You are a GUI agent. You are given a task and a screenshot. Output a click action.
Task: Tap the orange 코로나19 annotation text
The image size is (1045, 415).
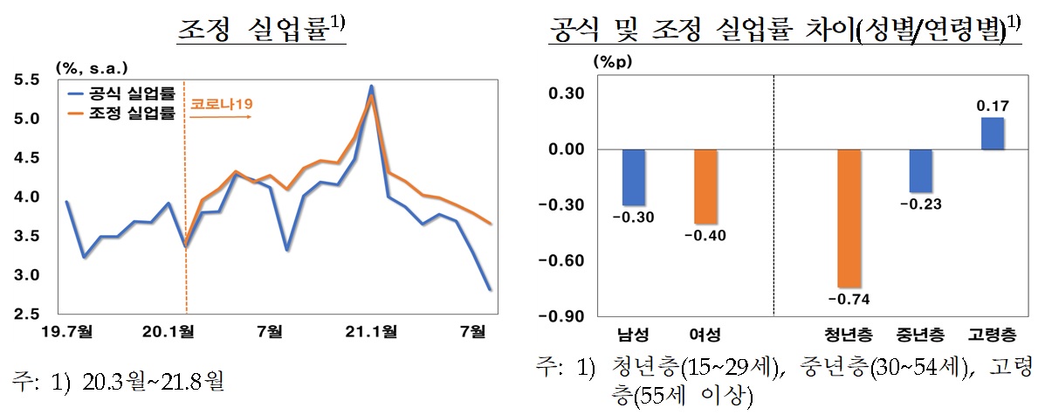click(222, 105)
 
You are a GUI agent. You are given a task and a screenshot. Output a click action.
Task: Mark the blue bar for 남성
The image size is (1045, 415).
click(634, 177)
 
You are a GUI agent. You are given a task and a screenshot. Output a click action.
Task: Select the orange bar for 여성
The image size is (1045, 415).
click(706, 187)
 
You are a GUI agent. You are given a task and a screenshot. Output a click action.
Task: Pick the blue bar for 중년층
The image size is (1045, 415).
click(920, 171)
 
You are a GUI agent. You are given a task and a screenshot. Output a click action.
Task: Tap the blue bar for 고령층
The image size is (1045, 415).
click(993, 134)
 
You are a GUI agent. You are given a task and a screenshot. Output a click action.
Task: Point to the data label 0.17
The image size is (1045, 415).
click(993, 107)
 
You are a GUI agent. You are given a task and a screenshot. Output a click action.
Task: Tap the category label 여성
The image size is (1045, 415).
click(706, 335)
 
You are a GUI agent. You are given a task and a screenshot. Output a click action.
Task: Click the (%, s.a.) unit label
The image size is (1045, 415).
click(92, 66)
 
